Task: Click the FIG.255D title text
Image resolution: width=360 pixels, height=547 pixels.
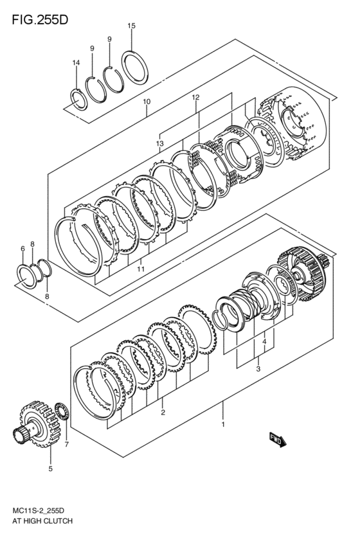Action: pos(40,20)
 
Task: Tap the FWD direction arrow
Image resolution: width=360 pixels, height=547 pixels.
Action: pos(278,440)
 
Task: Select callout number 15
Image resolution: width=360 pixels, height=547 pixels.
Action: pos(131,26)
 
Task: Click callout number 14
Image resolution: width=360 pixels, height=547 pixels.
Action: pos(76,62)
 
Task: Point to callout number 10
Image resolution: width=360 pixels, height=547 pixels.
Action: pos(147,102)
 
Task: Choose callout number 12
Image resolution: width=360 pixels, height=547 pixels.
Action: pos(195,97)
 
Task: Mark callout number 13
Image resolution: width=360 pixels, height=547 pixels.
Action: pos(160,143)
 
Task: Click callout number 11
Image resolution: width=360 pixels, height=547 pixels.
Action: pos(141,269)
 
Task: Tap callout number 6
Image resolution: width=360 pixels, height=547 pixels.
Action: pos(22,248)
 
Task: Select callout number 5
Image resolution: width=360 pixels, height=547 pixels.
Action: pos(51,469)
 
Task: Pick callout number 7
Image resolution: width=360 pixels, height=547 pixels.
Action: pos(67,444)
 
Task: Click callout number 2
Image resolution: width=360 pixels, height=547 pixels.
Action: pos(163,413)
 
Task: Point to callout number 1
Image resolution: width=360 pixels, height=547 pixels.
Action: pos(223,424)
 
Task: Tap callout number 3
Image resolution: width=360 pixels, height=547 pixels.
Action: pos(258,369)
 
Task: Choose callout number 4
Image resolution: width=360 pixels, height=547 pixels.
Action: pos(264,341)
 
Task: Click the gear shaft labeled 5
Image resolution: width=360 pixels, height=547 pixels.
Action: pos(34,424)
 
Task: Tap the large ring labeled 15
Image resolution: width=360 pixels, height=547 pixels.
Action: pos(135,67)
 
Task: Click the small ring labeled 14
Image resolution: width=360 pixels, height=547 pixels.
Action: pos(78,100)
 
